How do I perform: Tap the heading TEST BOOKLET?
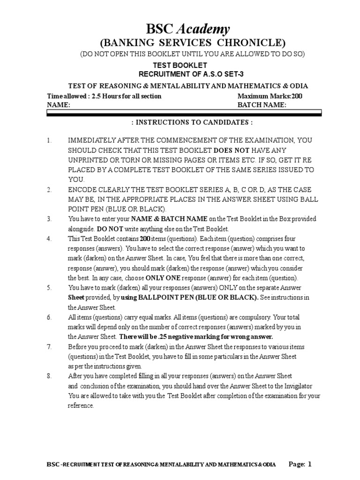coord(180,66)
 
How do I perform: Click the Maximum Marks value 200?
coord(297,96)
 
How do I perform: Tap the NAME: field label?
coord(59,105)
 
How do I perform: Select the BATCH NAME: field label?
coord(262,105)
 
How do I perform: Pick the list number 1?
coord(49,140)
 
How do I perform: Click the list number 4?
coord(49,239)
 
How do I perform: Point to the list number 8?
coord(49,376)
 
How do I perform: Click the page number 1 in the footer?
coord(309,465)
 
